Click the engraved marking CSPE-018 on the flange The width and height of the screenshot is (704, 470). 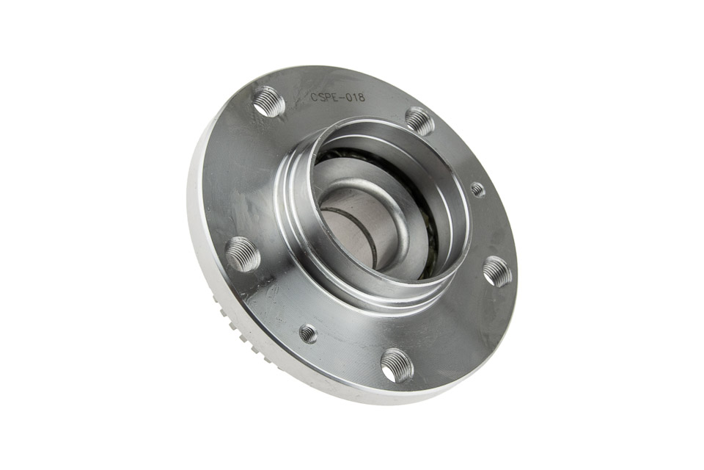(338, 97)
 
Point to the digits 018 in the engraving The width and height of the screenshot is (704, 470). (356, 97)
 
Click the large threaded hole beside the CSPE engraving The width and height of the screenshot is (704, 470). (269, 102)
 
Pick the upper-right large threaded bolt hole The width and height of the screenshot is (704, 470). (420, 121)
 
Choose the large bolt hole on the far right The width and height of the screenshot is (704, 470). (497, 271)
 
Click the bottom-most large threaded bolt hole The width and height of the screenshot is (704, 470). (397, 365)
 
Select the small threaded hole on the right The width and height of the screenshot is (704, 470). (478, 189)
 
